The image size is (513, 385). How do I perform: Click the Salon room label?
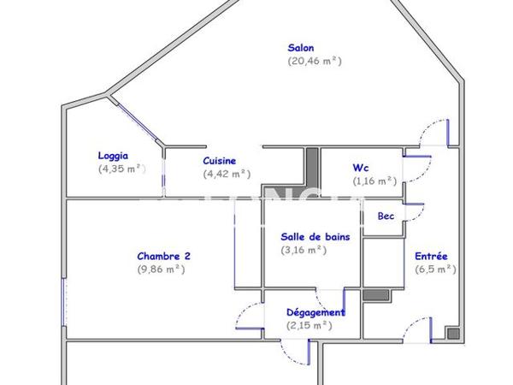pyautogui.click(x=301, y=48)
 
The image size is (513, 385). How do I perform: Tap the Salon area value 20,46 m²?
pyautogui.click(x=315, y=61)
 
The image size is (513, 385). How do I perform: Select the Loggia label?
pyautogui.click(x=113, y=156)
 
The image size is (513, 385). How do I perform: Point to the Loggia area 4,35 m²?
pyautogui.click(x=122, y=169)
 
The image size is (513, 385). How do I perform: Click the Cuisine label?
pyautogui.click(x=220, y=160)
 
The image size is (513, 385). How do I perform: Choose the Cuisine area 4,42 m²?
pyautogui.click(x=227, y=174)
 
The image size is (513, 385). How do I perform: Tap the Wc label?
pyautogui.click(x=361, y=167)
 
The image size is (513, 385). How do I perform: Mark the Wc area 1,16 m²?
pyautogui.click(x=374, y=181)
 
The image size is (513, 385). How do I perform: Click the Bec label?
pyautogui.click(x=386, y=216)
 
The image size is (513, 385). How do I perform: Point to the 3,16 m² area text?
pyautogui.click(x=304, y=250)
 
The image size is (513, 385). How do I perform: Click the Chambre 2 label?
pyautogui.click(x=163, y=256)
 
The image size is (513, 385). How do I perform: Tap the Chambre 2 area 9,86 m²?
pyautogui.click(x=161, y=269)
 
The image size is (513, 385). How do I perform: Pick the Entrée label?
pyautogui.click(x=432, y=256)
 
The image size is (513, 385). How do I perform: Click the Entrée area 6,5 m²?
pyautogui.click(x=435, y=269)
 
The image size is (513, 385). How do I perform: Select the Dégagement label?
pyautogui.click(x=315, y=312)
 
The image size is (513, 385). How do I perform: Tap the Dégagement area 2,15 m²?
pyautogui.click(x=309, y=325)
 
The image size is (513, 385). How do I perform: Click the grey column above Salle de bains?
pyautogui.click(x=312, y=163)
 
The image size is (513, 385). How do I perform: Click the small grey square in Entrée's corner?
pyautogui.click(x=452, y=333)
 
